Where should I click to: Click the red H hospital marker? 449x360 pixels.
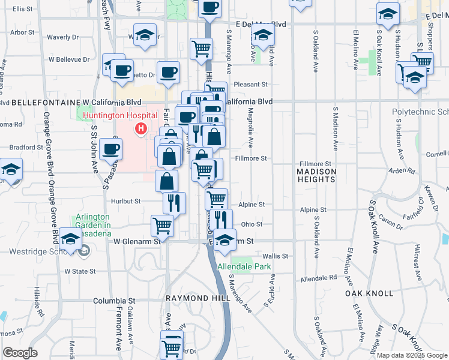[141, 128]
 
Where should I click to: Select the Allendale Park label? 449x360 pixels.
[244, 266]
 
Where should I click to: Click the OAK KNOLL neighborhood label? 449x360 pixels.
[369, 293]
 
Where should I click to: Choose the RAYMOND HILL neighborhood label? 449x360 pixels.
[189, 298]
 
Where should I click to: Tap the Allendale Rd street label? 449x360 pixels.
[319, 278]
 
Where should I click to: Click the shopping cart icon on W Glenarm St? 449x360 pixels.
[162, 226]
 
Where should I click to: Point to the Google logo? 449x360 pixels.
[20, 353]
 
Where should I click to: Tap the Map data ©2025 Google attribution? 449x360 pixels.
[411, 355]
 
